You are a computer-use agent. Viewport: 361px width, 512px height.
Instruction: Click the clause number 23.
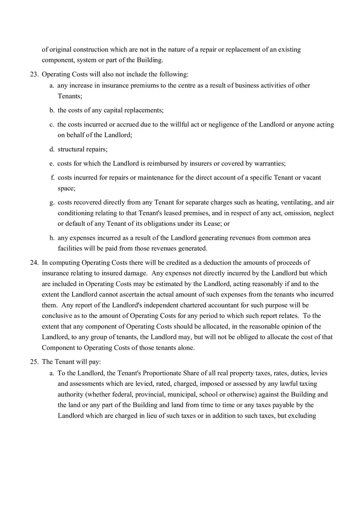point(34,74)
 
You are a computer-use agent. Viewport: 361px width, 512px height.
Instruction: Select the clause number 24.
point(34,262)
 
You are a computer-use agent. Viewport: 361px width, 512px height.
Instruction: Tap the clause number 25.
point(34,362)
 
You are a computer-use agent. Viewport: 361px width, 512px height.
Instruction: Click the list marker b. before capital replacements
point(52,110)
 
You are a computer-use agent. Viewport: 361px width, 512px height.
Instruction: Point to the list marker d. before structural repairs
point(52,149)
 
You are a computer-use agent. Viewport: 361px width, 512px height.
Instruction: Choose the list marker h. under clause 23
point(52,238)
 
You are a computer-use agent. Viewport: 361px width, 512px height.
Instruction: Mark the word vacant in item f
point(312,177)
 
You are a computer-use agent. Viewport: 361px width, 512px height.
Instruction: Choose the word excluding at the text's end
point(302,416)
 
